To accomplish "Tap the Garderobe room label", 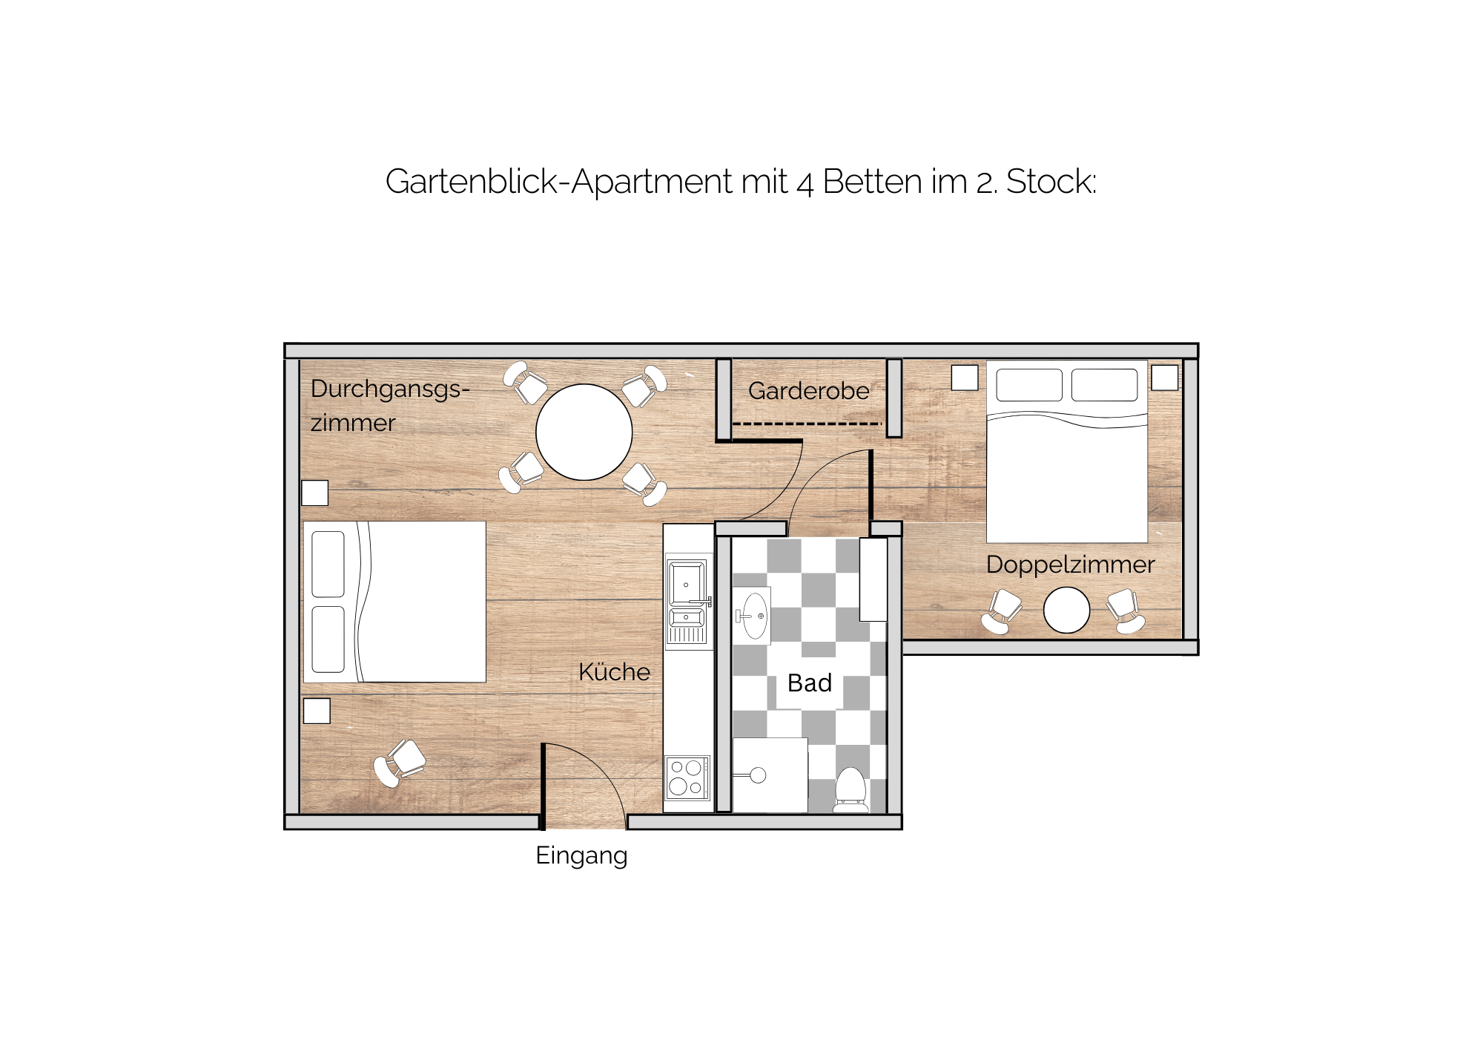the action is tap(808, 390).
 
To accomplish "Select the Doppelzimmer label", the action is tap(1070, 565).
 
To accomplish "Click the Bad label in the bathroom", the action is tap(810, 683).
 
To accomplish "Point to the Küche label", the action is tap(614, 671).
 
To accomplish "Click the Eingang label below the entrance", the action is tap(581, 856).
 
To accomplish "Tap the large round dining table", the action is tap(584, 432).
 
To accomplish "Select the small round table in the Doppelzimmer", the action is tap(1066, 610).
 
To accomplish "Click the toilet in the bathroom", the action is tap(851, 789).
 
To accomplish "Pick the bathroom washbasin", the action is tap(753, 616).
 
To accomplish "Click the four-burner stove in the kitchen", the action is tap(687, 778).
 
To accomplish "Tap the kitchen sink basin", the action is tap(687, 583).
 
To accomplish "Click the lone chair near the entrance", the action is tap(400, 762).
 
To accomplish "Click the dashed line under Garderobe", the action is tap(807, 424).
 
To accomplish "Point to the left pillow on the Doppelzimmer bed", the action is tap(1029, 385).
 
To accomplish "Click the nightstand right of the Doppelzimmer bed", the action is tap(1164, 378).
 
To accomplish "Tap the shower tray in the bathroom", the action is tap(770, 775).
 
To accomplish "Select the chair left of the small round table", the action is tap(1002, 611).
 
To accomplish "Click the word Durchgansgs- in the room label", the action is tap(390, 389).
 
